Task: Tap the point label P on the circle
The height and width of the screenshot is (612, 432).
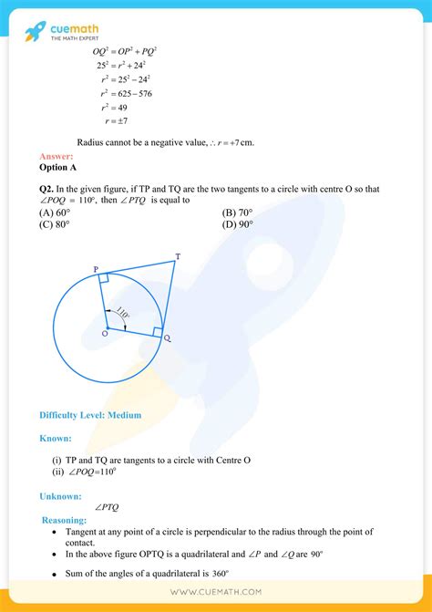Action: [x=96, y=269]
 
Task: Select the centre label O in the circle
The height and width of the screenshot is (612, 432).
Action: [x=105, y=334]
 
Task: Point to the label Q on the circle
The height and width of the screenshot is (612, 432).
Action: [x=166, y=337]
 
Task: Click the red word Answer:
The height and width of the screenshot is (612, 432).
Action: [x=56, y=157]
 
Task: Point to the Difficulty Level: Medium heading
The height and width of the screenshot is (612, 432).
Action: [x=90, y=415]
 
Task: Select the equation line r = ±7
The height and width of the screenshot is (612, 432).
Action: [x=115, y=120]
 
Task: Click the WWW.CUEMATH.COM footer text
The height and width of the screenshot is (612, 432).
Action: [x=216, y=591]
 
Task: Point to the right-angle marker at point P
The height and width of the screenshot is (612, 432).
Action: [x=105, y=278]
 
